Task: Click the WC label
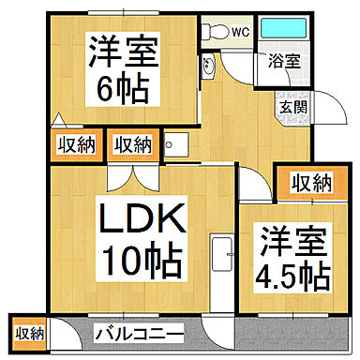click(x=240, y=31)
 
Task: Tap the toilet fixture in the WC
click(x=215, y=31)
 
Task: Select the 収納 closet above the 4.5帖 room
click(x=308, y=182)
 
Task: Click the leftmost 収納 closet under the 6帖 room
click(x=73, y=144)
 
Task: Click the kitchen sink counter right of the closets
click(x=177, y=145)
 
